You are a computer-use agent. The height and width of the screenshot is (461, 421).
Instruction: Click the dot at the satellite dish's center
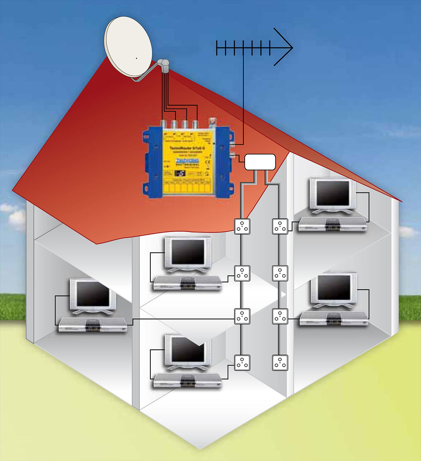click(x=136, y=58)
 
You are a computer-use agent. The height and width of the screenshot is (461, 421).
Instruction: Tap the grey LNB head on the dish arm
click(x=164, y=65)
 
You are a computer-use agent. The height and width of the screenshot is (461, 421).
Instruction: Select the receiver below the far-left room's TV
click(x=93, y=325)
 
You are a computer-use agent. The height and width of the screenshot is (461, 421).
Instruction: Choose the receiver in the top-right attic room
click(x=333, y=225)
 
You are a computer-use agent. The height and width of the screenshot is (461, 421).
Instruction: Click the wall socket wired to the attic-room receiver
click(x=280, y=227)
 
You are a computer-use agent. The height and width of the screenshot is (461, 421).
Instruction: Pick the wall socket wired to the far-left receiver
click(x=242, y=317)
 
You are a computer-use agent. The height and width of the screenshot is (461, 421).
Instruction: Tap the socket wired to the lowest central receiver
click(x=242, y=362)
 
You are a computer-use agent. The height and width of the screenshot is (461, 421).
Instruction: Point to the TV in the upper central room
click(x=187, y=252)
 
